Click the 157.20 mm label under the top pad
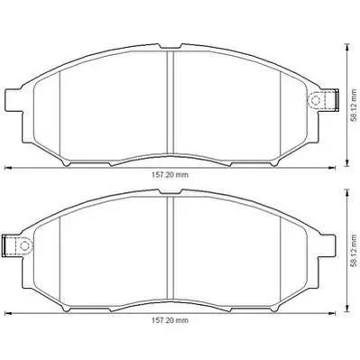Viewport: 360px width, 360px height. (x=170, y=174)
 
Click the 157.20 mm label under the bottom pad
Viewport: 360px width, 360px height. (x=170, y=320)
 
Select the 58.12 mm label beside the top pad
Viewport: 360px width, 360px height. (x=355, y=106)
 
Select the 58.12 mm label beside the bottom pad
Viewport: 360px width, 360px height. (x=355, y=251)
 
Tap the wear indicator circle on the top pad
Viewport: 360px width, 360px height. (x=315, y=99)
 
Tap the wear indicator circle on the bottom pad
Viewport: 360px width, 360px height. (x=24, y=245)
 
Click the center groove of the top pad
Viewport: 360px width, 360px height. (x=171, y=102)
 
